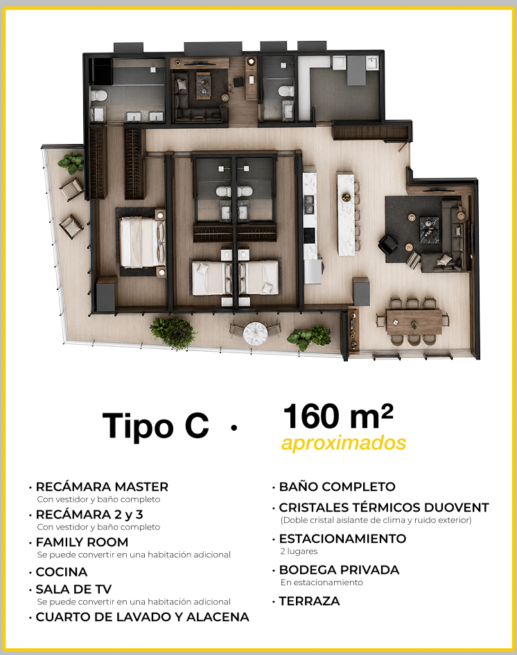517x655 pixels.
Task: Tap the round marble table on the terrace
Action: pos(255,332)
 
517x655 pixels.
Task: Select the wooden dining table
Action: pos(414,321)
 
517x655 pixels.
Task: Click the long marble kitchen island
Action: pos(346,213)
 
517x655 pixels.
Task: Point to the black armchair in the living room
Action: pos(389,244)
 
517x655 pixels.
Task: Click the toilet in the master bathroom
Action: pos(98,96)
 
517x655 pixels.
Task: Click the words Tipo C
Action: pos(156,426)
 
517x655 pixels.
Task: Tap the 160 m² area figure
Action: pos(338,416)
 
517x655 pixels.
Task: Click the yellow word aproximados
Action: pos(344,443)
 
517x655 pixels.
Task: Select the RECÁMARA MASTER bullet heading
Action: pos(102,487)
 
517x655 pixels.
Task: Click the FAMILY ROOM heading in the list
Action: pos(82,542)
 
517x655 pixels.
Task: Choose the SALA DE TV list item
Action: pos(73,589)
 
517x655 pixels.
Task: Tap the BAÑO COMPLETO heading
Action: pos(337,487)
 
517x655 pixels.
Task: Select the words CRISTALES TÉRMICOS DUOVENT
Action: pos(384,508)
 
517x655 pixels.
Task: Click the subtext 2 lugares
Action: pos(299,551)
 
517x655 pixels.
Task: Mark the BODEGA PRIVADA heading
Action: pos(339,570)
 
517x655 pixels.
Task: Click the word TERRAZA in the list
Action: pos(309,601)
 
